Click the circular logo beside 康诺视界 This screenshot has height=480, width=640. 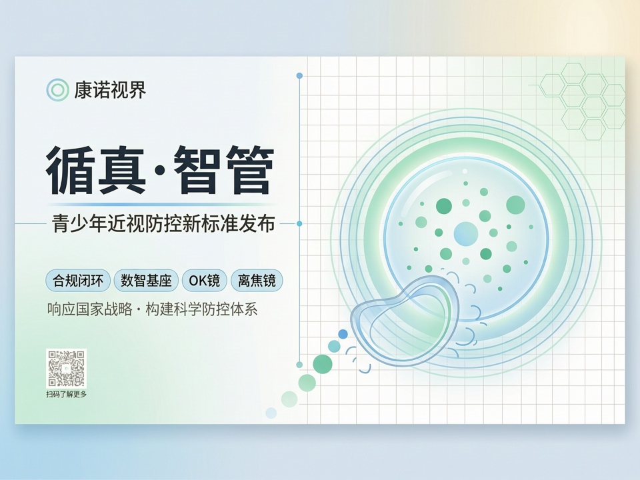click(57, 90)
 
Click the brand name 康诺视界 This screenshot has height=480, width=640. click(110, 90)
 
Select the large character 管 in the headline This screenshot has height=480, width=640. click(249, 170)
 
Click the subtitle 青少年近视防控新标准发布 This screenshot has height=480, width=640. click(163, 224)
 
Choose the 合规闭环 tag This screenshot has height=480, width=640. click(78, 281)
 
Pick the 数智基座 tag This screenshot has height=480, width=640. click(146, 281)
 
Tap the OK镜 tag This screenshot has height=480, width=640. click(205, 281)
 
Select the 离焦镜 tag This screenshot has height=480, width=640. click(257, 281)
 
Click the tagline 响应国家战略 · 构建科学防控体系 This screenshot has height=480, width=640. click(152, 309)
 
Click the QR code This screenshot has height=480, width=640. click(66, 368)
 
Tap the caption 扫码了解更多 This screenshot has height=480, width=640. click(67, 394)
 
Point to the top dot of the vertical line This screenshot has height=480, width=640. click(299, 75)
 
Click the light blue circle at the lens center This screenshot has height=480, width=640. click(466, 234)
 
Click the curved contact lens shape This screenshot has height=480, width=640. click(405, 319)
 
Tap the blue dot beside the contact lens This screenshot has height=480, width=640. click(343, 334)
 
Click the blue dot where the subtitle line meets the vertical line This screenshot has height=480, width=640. click(299, 224)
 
